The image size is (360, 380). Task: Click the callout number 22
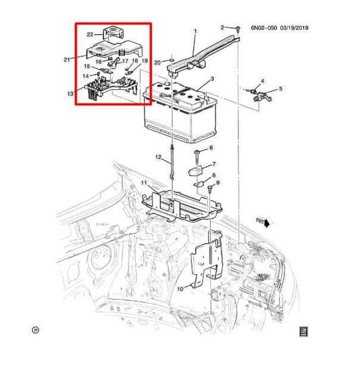(x=90, y=34)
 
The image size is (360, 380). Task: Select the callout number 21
(x=67, y=59)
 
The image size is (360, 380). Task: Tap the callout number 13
(x=70, y=94)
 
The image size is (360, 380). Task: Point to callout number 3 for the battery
(x=212, y=79)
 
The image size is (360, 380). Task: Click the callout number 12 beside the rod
(x=158, y=157)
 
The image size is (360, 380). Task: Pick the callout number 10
(x=180, y=289)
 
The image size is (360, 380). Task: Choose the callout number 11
(x=144, y=182)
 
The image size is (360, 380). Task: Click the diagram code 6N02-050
(x=263, y=28)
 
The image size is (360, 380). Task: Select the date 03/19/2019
(x=294, y=28)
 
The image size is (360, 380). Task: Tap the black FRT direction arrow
(x=267, y=223)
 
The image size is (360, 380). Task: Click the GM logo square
(x=303, y=331)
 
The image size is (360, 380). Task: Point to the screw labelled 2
(x=238, y=29)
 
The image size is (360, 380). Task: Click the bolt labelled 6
(x=197, y=155)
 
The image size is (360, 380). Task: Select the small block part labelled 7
(x=195, y=171)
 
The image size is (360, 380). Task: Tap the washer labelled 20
(x=172, y=60)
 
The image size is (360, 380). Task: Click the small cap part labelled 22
(x=113, y=32)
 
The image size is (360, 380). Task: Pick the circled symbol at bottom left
(x=35, y=330)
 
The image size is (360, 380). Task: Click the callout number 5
(x=281, y=88)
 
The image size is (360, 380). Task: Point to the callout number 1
(x=195, y=31)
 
